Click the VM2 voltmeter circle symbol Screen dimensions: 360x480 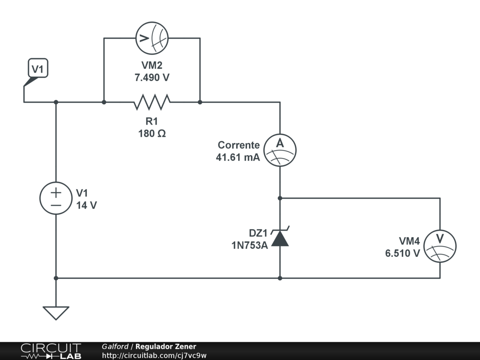(x=152, y=38)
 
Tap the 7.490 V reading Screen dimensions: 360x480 (x=152, y=78)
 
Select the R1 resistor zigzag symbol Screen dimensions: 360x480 (x=152, y=102)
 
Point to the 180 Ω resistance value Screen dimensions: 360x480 (x=152, y=134)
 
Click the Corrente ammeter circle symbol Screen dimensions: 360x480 (x=280, y=150)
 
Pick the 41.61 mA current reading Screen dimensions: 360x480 (x=238, y=157)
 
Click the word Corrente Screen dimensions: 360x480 (x=239, y=145)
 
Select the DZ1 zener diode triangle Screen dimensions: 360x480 (x=280, y=239)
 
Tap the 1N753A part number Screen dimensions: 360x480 (x=249, y=245)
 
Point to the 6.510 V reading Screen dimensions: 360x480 (x=402, y=253)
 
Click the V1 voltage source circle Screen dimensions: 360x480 (x=56, y=198)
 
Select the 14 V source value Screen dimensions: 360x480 (x=86, y=205)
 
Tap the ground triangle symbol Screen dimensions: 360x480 (x=56, y=312)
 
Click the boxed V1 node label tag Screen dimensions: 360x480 (x=37, y=69)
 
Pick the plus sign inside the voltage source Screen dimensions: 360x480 (x=56, y=192)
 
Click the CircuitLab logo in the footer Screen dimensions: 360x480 (x=51, y=351)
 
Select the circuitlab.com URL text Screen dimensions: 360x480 (x=154, y=355)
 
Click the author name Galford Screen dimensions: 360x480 (x=115, y=346)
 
